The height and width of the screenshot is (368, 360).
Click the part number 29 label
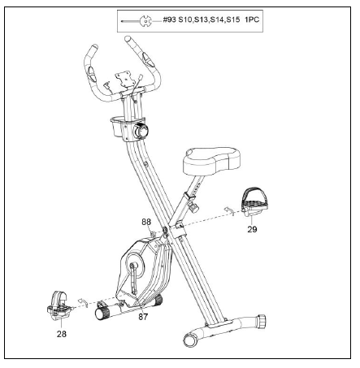click(252, 229)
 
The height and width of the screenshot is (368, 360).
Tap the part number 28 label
click(62, 334)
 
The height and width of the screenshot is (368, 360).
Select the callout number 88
click(146, 222)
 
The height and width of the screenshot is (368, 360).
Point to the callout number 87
click(143, 317)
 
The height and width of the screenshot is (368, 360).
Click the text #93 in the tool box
click(169, 19)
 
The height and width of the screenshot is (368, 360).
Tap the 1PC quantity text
click(252, 19)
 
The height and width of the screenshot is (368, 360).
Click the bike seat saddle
click(211, 161)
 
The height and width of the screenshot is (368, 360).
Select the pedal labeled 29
click(254, 201)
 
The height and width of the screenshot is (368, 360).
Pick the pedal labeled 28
click(59, 305)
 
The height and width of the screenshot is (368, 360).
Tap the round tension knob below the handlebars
click(141, 131)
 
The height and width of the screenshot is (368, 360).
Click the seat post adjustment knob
click(193, 206)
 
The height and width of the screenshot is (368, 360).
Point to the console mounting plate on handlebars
click(126, 79)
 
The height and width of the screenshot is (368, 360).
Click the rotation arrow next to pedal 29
click(229, 210)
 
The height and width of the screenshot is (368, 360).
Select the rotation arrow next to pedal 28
click(83, 302)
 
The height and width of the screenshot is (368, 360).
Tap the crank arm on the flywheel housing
click(132, 279)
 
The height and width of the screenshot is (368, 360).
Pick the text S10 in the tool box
click(185, 19)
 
